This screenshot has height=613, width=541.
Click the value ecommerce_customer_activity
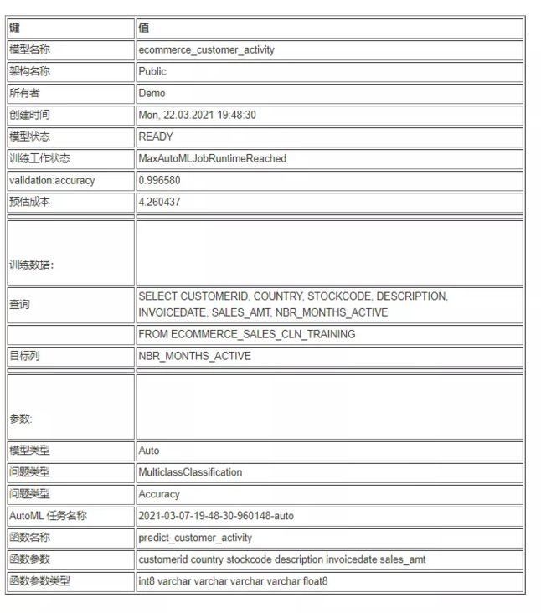[x=206, y=49]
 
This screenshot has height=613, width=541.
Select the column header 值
[x=144, y=28]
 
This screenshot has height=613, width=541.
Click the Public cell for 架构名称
[x=152, y=71]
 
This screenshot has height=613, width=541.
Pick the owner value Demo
[x=152, y=93]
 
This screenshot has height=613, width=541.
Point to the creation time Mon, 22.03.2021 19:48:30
[x=197, y=115]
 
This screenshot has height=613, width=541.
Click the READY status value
[x=156, y=137]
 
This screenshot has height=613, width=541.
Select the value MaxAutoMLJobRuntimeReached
[x=212, y=158]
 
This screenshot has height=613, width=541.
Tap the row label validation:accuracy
[x=52, y=180]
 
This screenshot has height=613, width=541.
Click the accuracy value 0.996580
[x=159, y=180]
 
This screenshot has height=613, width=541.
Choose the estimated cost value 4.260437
[x=159, y=202]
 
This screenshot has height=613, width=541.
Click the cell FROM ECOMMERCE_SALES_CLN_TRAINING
[x=246, y=334]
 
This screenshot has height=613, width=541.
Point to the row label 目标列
[x=24, y=356]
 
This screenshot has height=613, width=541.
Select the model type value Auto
[x=148, y=451]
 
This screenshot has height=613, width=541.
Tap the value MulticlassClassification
[x=190, y=472]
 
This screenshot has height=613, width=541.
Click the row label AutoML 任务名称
[x=48, y=516]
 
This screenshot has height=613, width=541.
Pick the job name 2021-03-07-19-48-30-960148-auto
[x=216, y=516]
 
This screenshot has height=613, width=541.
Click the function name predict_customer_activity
[x=195, y=538]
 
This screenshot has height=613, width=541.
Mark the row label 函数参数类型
[x=39, y=581]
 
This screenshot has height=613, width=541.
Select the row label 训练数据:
[x=31, y=265]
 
